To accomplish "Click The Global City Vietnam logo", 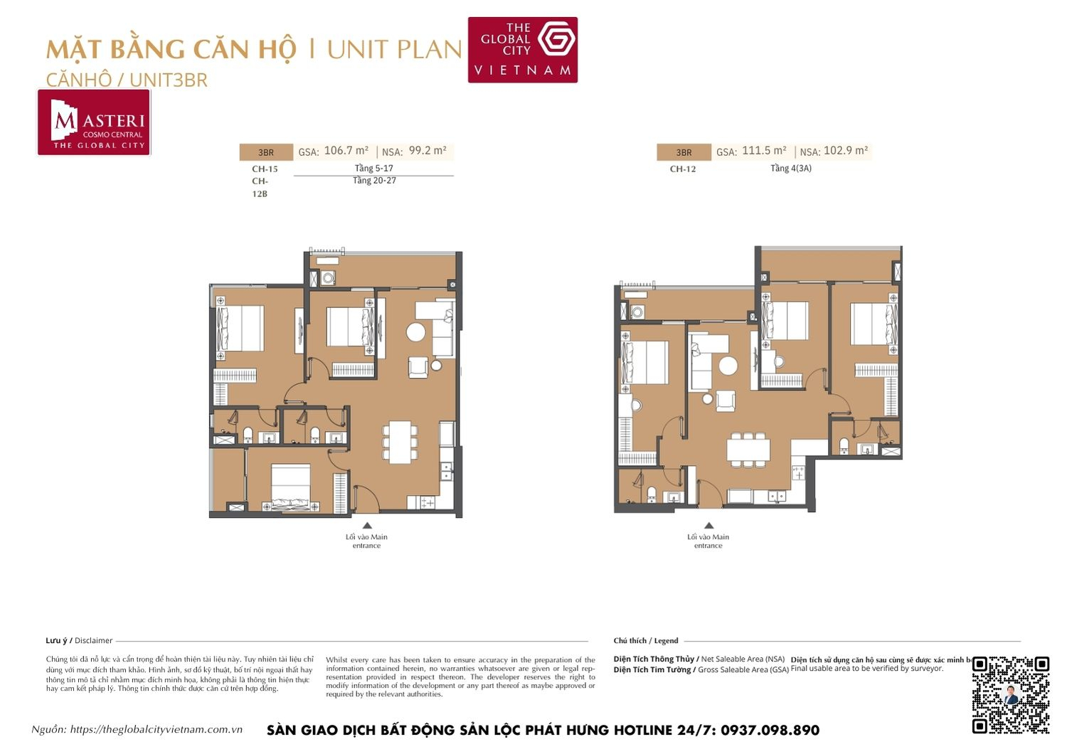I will [x=522, y=50].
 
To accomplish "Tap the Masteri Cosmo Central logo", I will [x=94, y=122].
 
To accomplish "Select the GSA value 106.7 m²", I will [x=346, y=151].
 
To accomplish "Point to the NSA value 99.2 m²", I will [x=428, y=151].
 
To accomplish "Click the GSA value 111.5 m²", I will [x=764, y=151].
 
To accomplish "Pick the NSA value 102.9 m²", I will [x=845, y=151].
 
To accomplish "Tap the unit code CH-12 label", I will [x=683, y=169].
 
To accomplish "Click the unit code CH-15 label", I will [x=265, y=169].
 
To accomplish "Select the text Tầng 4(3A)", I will [x=790, y=169].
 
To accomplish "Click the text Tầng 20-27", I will [x=374, y=181].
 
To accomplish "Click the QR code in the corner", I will [x=1010, y=695].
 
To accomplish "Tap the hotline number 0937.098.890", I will [x=770, y=731].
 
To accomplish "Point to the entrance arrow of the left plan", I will [x=367, y=526].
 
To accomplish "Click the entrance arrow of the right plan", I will [x=708, y=526].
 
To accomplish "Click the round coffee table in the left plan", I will [x=416, y=332].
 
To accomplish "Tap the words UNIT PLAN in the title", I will [x=394, y=50].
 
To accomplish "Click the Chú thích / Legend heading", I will [x=646, y=641].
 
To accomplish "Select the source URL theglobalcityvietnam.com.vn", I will [x=156, y=730].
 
